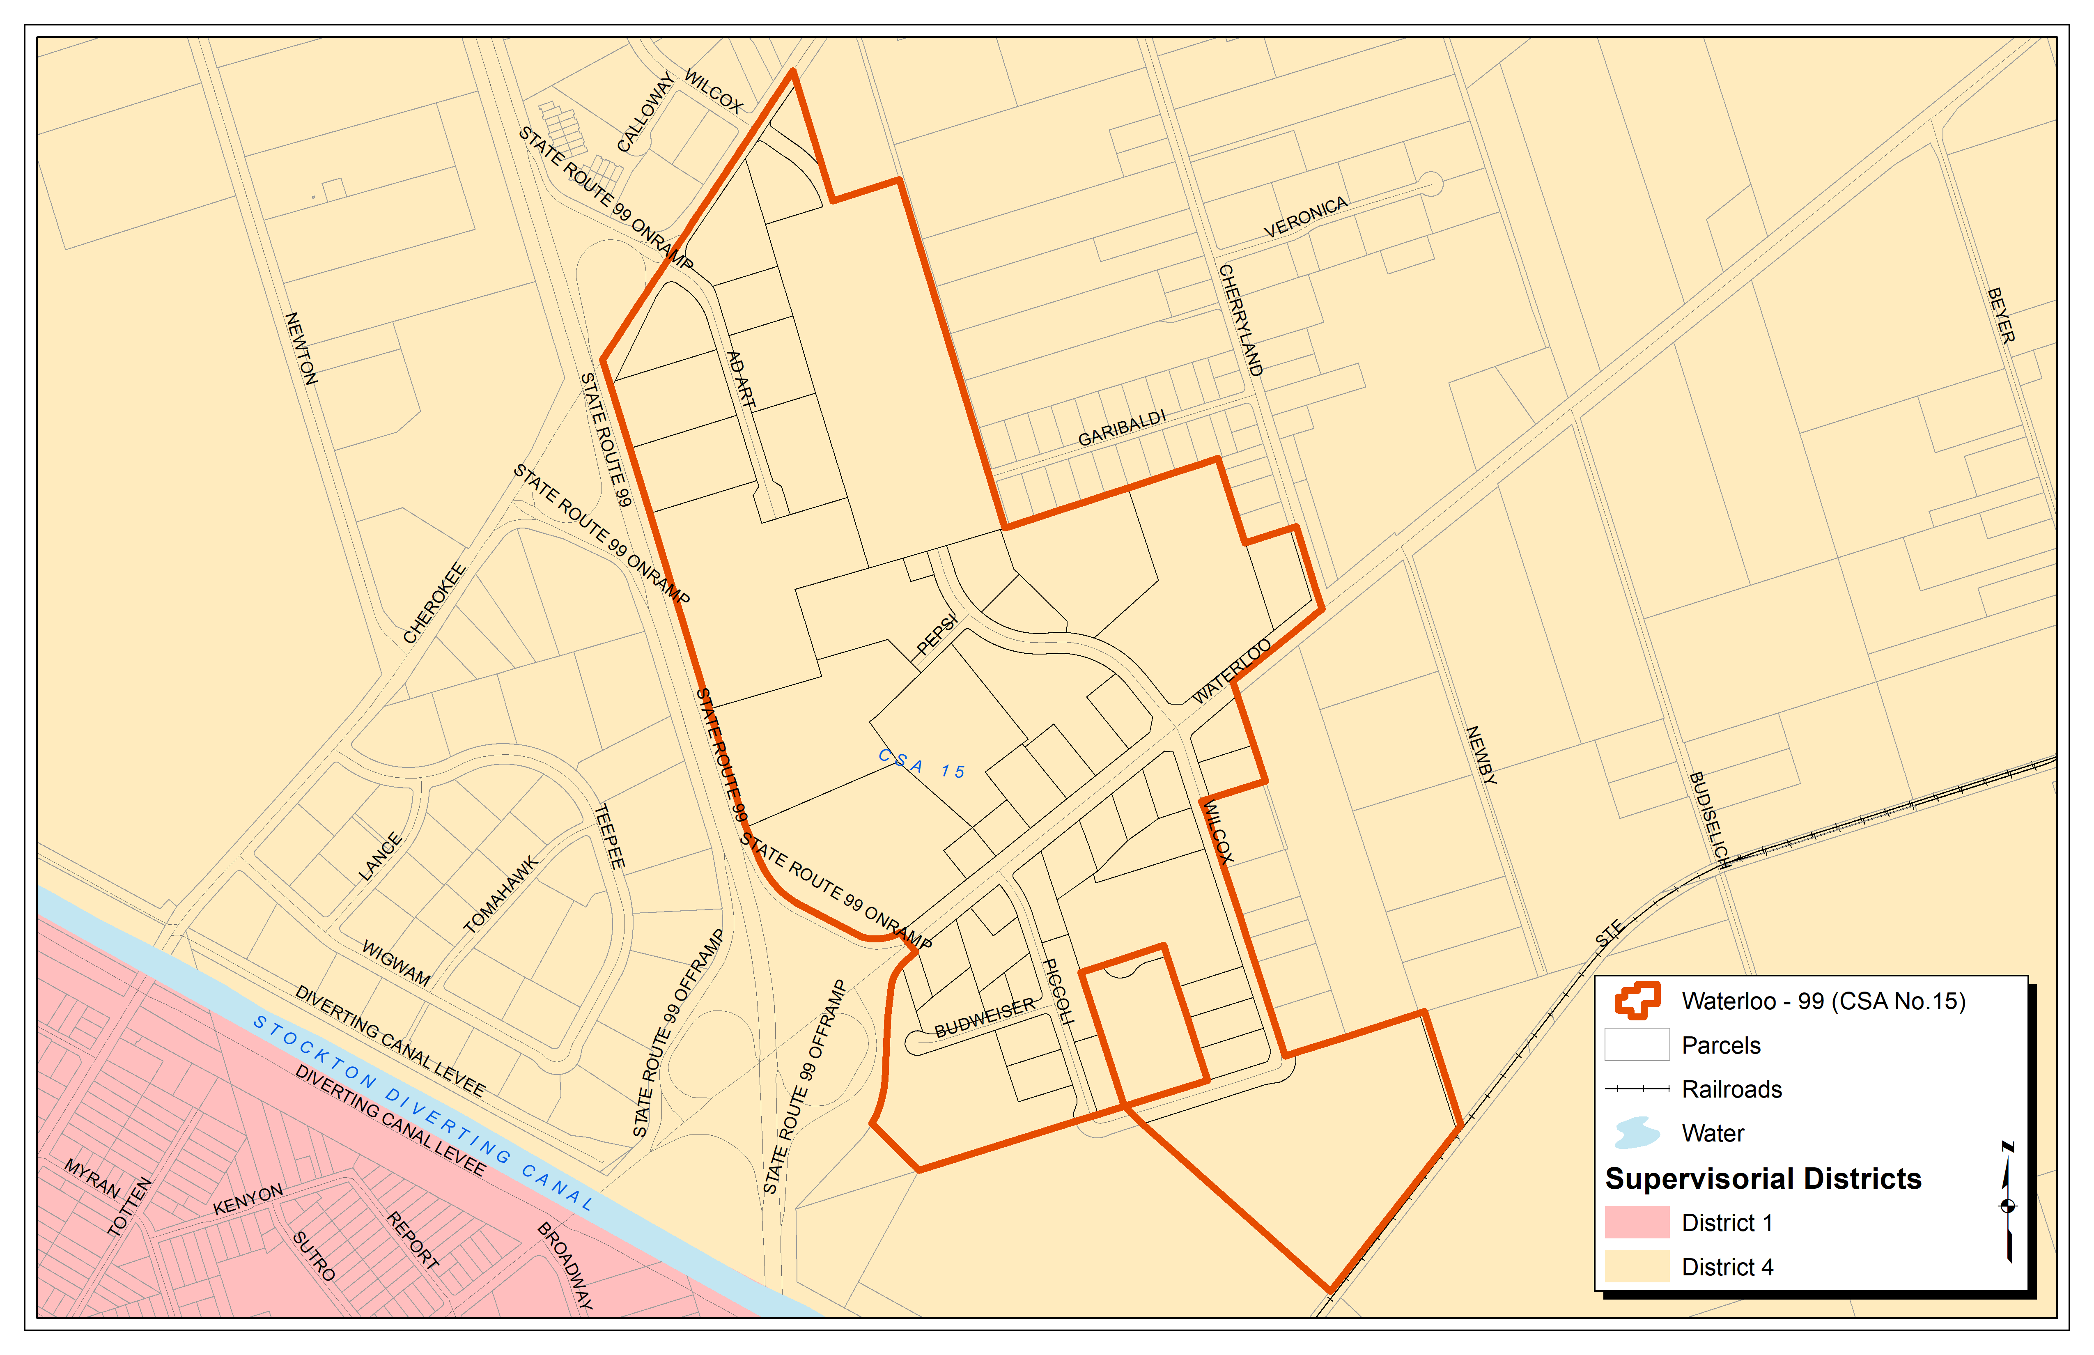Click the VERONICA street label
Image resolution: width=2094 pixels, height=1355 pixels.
pyautogui.click(x=1306, y=217)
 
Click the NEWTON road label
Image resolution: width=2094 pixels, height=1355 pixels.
pyautogui.click(x=301, y=349)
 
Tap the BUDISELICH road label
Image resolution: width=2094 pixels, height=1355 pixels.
pyautogui.click(x=1710, y=820)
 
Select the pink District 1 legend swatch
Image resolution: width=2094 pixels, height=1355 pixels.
pyautogui.click(x=1637, y=1222)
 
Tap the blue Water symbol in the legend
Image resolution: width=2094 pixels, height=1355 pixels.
pyautogui.click(x=1637, y=1132)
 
